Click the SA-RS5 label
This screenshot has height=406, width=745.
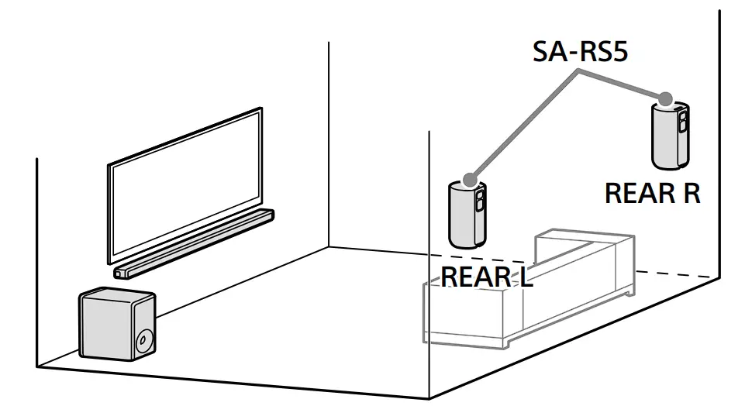[x=581, y=52]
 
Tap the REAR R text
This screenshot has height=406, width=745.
[x=652, y=193]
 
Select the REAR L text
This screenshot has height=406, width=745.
[x=487, y=276]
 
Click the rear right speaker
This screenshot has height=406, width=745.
[x=670, y=137]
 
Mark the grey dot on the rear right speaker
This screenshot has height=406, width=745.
[x=665, y=98]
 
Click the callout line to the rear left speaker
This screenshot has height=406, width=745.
[x=524, y=123]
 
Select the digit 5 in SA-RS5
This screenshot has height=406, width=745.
[x=618, y=52]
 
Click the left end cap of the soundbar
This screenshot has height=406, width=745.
[x=119, y=273]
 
